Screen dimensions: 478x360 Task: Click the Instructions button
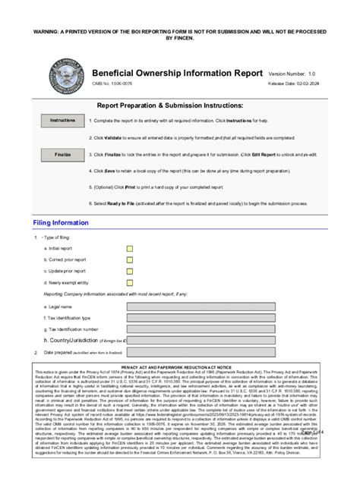pos(62,120)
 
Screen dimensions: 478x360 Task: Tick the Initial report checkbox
pos(130,248)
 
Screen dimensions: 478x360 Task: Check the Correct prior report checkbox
pos(130,259)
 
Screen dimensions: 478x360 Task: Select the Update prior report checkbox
pos(130,271)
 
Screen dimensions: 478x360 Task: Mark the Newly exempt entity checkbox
pos(130,282)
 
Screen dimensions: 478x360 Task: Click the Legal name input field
pos(201,307)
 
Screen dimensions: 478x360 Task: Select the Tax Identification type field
pos(201,318)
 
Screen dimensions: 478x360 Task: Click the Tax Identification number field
pos(201,329)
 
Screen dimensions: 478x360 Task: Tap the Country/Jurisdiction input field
pos(201,341)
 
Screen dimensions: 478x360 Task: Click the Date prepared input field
pos(201,353)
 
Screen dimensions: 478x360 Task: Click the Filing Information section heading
pos(61,223)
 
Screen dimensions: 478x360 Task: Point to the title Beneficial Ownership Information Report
pos(175,73)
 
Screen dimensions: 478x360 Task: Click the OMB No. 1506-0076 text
pos(112,85)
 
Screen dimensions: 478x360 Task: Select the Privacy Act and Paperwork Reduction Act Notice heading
pos(180,366)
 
